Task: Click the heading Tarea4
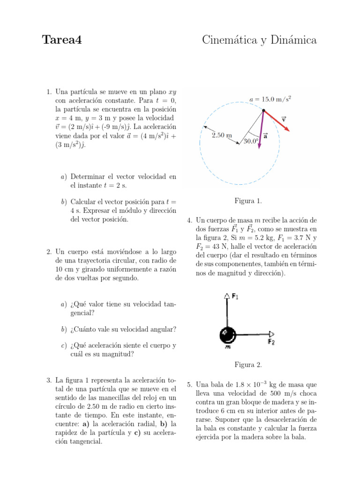pos(62,40)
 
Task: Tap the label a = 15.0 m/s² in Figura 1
pos(273,99)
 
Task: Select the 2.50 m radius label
pos(222,135)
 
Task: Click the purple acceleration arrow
pos(261,131)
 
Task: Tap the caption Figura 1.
pos(248,202)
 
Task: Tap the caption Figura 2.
pos(248,364)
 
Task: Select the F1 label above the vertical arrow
pos(234,296)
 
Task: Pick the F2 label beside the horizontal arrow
pos(271,342)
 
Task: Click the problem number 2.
pos(49,252)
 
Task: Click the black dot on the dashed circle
pos(263,111)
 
